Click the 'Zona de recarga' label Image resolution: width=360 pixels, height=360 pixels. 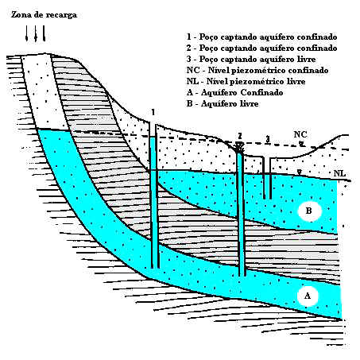pos(44,15)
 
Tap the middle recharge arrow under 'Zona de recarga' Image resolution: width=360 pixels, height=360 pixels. pos(36,33)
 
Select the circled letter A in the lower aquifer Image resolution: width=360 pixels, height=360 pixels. pos(308,296)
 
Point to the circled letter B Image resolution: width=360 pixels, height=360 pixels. pos(309,211)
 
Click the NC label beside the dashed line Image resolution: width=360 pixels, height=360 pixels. pos(300,134)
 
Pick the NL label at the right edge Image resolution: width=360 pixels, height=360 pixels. pos(339,173)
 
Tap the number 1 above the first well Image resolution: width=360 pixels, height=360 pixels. pos(153,112)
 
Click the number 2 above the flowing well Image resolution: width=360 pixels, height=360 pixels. pos(240,136)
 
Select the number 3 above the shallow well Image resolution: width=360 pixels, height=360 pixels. pos(268,138)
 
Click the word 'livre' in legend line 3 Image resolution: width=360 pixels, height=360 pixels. pos(306,59)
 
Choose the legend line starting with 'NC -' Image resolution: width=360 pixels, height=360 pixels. pos(257,70)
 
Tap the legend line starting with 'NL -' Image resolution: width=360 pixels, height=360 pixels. pos(246,81)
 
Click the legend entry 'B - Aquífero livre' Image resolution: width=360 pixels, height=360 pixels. pos(223,103)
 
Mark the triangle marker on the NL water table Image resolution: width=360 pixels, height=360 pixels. pos(300,172)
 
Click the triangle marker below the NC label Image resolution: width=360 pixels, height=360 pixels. pos(301,144)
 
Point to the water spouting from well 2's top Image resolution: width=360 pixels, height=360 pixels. pos(240,146)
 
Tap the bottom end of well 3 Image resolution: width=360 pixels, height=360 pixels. pos(267,198)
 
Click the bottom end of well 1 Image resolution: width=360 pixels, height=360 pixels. pos(155,267)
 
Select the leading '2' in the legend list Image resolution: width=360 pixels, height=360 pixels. pos(188,48)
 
